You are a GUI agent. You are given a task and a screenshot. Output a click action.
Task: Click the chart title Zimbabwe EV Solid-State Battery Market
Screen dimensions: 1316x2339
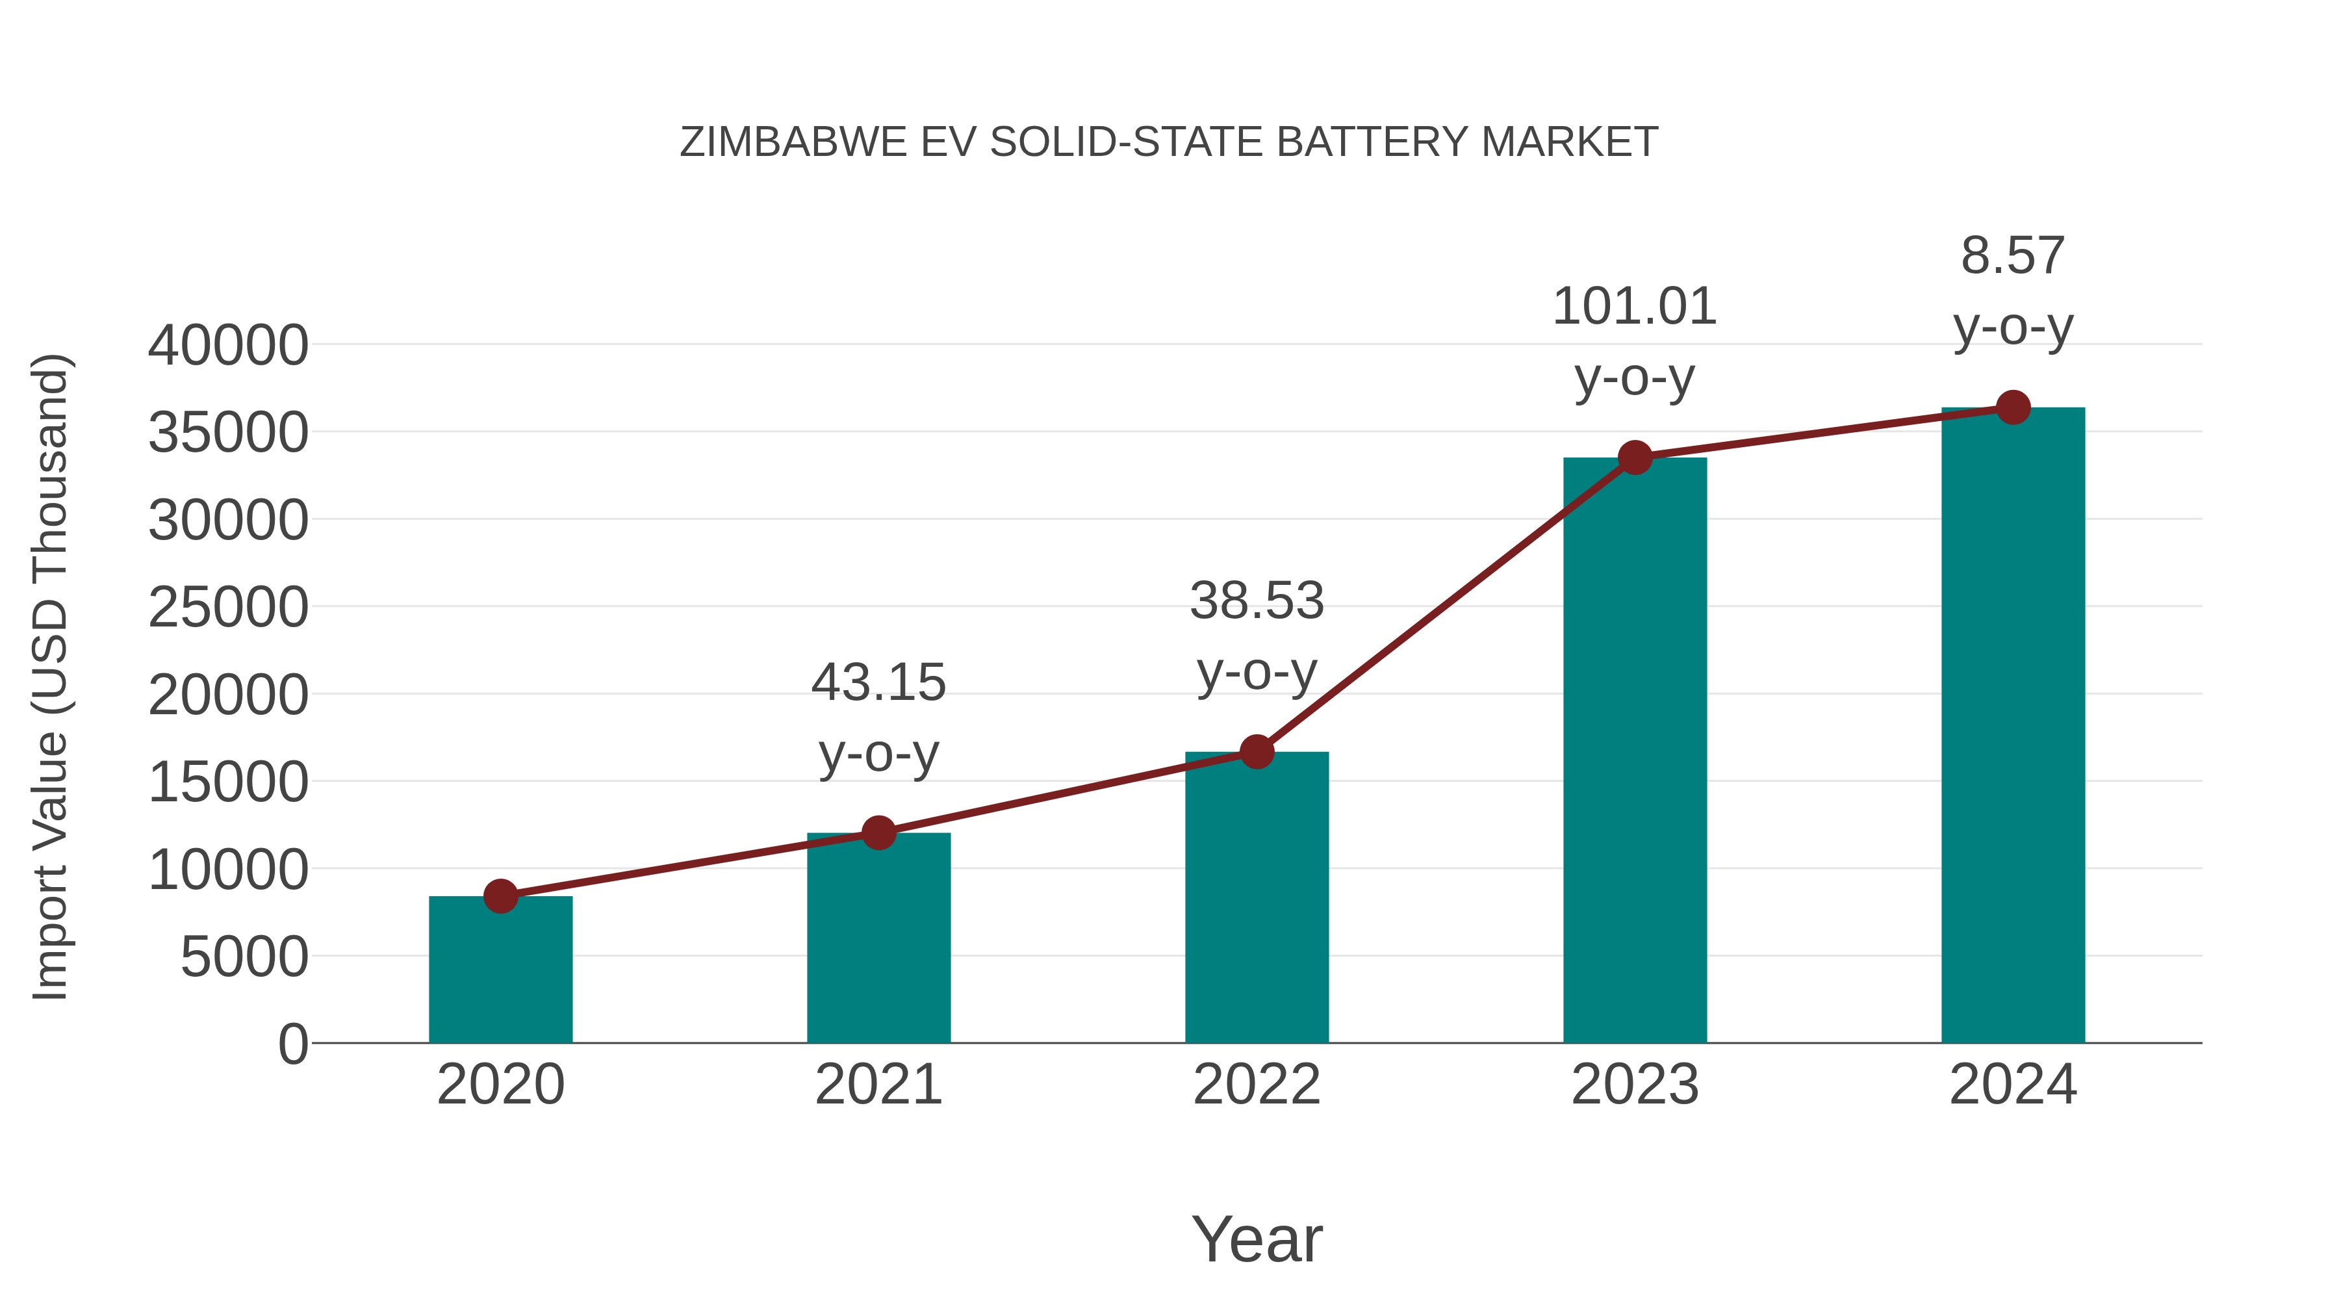click(x=1169, y=142)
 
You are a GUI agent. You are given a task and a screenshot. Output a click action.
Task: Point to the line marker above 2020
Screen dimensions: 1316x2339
click(x=500, y=896)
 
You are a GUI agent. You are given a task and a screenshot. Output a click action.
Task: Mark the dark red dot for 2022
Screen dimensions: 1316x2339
click(x=1257, y=752)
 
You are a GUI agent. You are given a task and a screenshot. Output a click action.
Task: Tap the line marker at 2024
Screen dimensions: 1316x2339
click(x=2013, y=407)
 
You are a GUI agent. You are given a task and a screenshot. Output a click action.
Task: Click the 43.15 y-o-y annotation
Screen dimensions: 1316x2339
click(x=878, y=717)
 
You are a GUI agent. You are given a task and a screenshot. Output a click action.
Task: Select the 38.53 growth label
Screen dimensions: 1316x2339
click(x=1257, y=636)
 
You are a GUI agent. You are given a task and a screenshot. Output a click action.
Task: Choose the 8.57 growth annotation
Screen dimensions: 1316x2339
click(x=2013, y=290)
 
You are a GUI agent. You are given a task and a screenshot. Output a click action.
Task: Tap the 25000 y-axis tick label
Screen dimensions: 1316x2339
click(x=228, y=608)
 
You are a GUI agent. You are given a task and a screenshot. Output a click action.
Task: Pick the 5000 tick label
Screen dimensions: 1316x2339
click(x=244, y=957)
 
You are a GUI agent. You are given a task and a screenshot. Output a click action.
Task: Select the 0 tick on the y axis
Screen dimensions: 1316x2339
click(x=293, y=1044)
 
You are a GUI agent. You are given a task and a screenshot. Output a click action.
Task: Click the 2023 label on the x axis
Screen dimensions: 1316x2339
click(x=1635, y=1085)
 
